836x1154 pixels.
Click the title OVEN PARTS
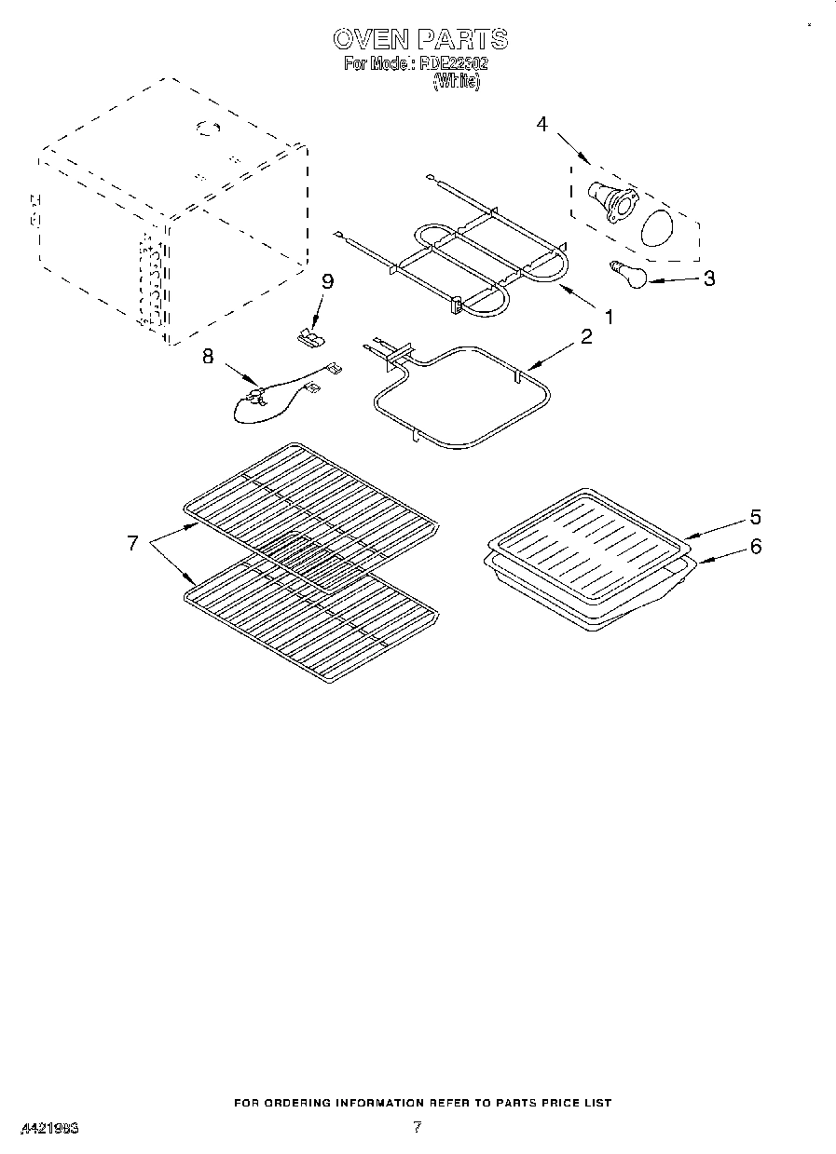click(x=419, y=38)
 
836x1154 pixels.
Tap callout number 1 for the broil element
click(x=608, y=317)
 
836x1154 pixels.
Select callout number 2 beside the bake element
click(x=586, y=337)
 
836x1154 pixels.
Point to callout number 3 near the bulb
click(x=710, y=278)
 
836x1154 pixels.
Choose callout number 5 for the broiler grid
click(x=755, y=518)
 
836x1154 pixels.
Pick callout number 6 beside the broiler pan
click(x=755, y=547)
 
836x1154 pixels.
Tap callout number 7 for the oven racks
click(x=132, y=543)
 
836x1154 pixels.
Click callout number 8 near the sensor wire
click(x=208, y=355)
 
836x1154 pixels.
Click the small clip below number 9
click(x=308, y=336)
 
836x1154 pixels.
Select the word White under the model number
click(x=457, y=82)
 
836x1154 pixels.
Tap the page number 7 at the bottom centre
click(x=417, y=1127)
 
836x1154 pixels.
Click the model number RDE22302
click(x=454, y=65)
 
